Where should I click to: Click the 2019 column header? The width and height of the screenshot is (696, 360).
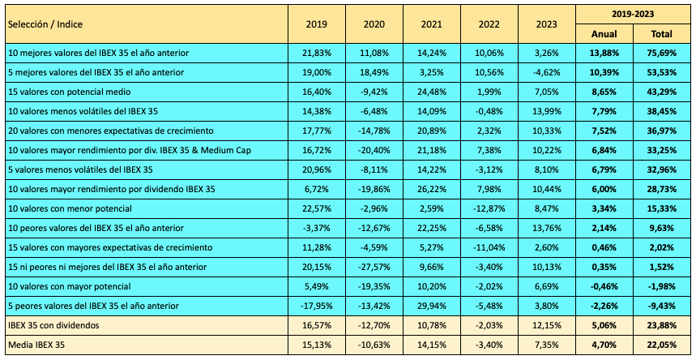pos(317,24)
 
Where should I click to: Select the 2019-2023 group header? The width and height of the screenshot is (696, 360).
pos(634,14)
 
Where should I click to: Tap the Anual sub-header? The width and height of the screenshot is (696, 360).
pos(604,34)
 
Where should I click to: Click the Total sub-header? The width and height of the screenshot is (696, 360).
pos(662,34)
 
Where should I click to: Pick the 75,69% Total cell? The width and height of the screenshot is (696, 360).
pos(662,54)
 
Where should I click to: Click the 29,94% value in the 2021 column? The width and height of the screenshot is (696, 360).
pos(431,306)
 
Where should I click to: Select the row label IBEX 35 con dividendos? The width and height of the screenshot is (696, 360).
pos(53,325)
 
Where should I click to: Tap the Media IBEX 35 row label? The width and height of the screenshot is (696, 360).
pos(38,345)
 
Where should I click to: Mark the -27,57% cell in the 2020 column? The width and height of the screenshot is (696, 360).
pos(374,267)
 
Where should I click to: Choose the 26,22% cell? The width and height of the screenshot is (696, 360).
pos(431,189)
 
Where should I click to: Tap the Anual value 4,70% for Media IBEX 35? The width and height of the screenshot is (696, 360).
pos(604,345)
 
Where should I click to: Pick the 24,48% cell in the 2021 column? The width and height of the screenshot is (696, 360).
pos(431,92)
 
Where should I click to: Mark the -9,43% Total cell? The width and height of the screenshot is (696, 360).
pos(662,306)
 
